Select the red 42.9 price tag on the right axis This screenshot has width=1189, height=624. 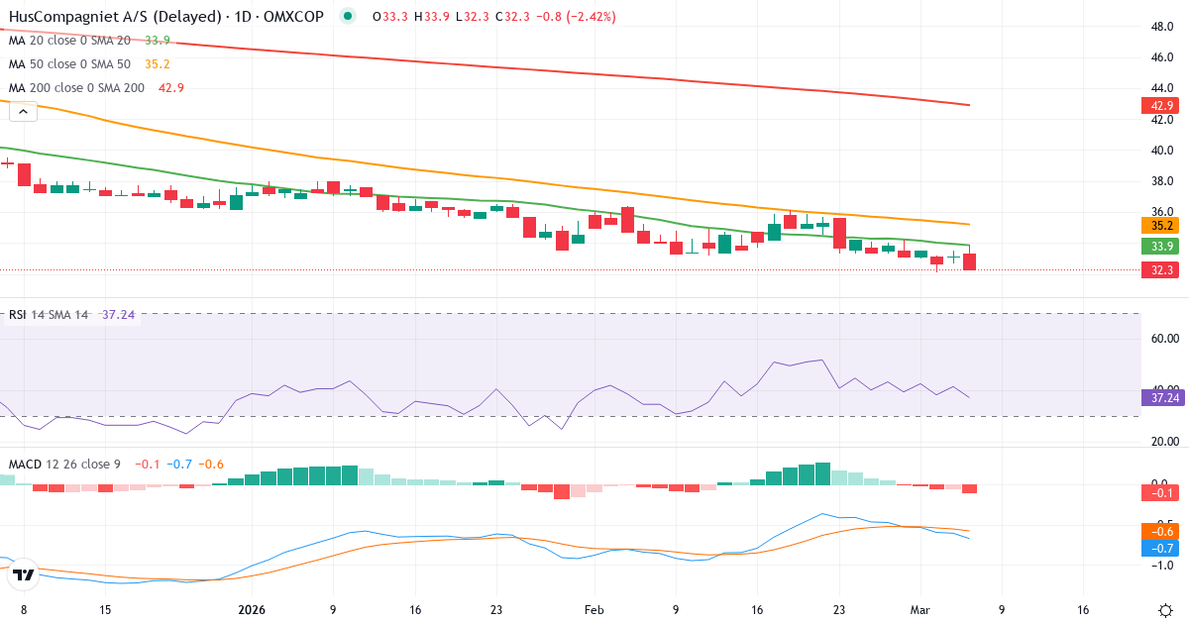tap(1157, 105)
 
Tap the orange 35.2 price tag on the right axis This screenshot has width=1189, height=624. tap(1157, 226)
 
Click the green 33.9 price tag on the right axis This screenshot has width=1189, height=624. tap(1157, 246)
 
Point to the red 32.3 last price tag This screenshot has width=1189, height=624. tap(1157, 269)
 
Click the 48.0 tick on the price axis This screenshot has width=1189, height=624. tap(1162, 27)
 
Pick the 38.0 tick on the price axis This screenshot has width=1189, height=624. tap(1162, 181)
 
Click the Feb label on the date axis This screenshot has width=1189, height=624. tap(593, 610)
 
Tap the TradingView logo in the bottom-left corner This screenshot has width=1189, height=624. tap(24, 573)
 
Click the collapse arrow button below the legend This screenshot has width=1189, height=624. tap(23, 111)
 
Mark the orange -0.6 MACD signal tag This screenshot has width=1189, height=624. tap(1157, 531)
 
